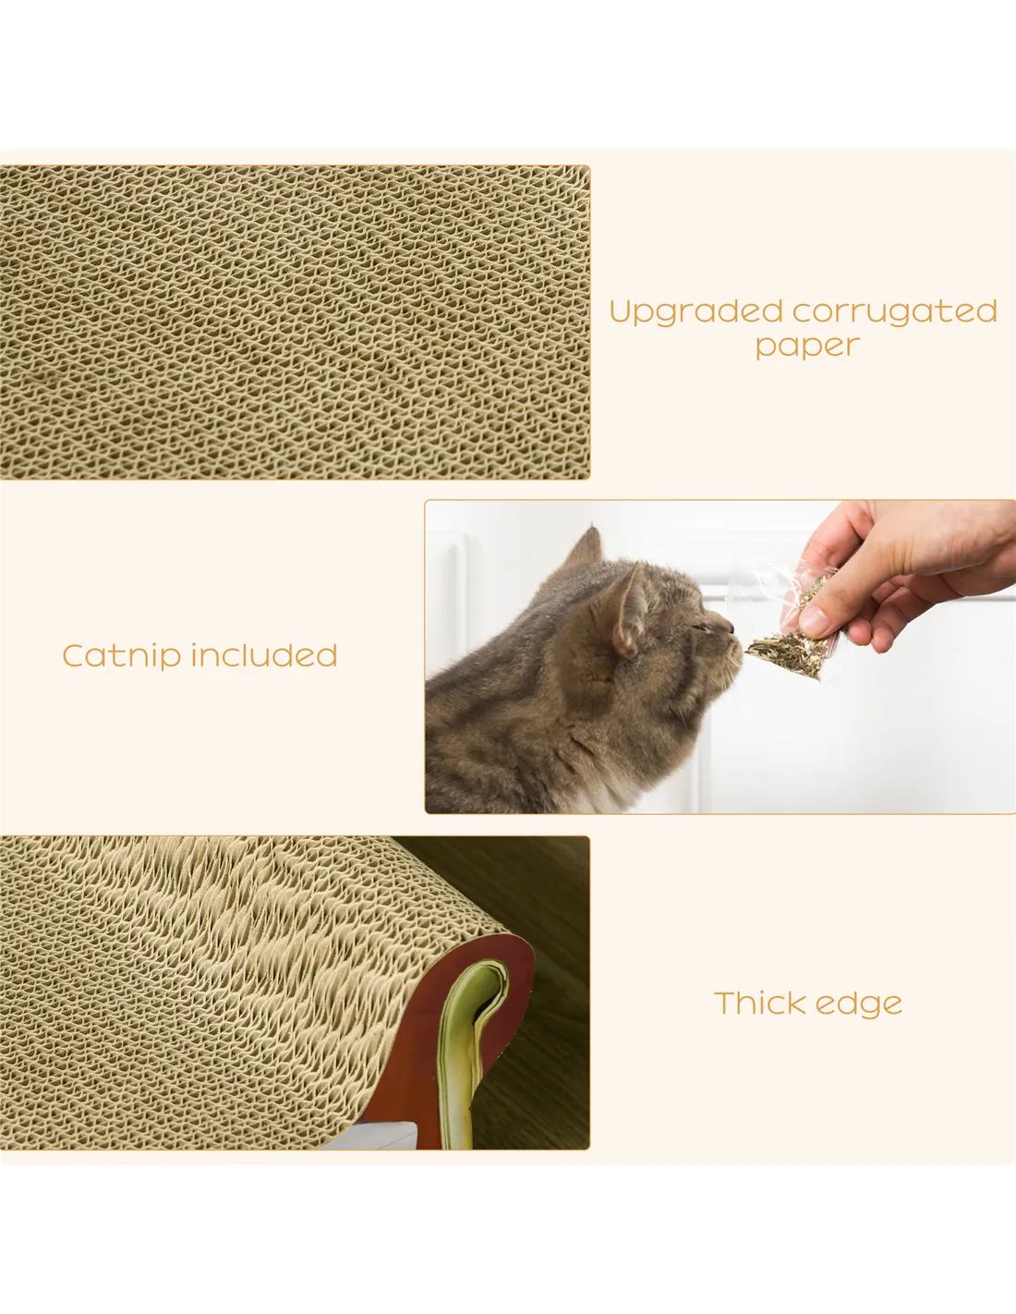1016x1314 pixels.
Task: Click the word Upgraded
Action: [x=695, y=313]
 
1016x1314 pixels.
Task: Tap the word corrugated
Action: [x=894, y=312]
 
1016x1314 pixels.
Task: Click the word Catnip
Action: [x=122, y=657]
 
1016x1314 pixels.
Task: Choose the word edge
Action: [x=859, y=1005]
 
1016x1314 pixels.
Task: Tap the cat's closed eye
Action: [x=700, y=628]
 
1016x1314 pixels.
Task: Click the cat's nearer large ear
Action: [x=629, y=612]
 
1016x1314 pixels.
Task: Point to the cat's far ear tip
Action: [x=593, y=529]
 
